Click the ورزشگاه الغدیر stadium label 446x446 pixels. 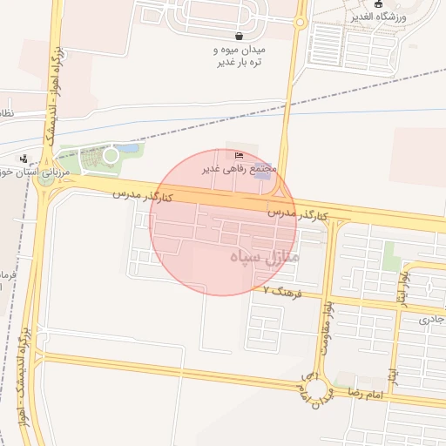click(x=402, y=16)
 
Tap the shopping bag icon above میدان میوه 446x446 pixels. click(x=239, y=36)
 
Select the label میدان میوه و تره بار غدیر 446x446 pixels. click(x=239, y=57)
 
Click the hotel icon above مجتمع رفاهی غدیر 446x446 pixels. click(x=239, y=156)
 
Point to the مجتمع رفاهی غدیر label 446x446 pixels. click(x=240, y=167)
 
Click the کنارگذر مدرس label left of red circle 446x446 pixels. click(x=142, y=196)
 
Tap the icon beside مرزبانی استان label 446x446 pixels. click(x=23, y=159)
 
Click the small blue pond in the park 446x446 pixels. click(x=130, y=149)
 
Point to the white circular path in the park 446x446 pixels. click(x=111, y=155)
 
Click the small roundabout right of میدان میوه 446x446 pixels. click(x=301, y=21)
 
